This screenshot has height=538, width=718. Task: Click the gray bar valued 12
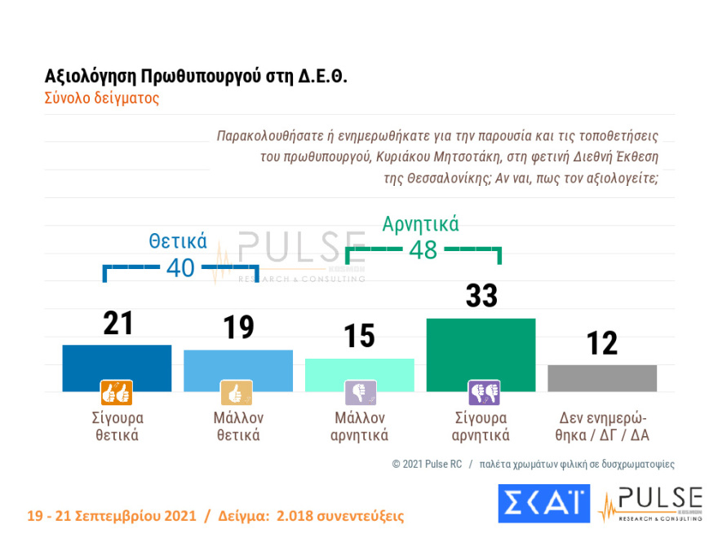[602, 377]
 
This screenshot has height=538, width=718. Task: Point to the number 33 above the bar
[481, 296]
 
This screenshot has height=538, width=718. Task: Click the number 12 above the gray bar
[602, 343]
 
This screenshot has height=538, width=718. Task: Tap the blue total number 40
[180, 267]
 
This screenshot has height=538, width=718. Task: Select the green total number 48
[423, 249]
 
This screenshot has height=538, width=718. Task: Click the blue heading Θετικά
[177, 241]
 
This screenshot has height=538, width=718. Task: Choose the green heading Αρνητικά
[421, 223]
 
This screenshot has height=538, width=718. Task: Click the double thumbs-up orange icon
[116, 393]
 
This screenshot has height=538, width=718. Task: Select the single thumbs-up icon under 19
[237, 393]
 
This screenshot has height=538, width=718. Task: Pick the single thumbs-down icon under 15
[360, 393]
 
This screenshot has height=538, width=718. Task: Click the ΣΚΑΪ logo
[543, 503]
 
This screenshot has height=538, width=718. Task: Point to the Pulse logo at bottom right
[650, 504]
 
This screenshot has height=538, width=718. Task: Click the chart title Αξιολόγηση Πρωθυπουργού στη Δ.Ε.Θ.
[196, 77]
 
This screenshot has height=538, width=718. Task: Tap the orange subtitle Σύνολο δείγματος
[101, 98]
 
